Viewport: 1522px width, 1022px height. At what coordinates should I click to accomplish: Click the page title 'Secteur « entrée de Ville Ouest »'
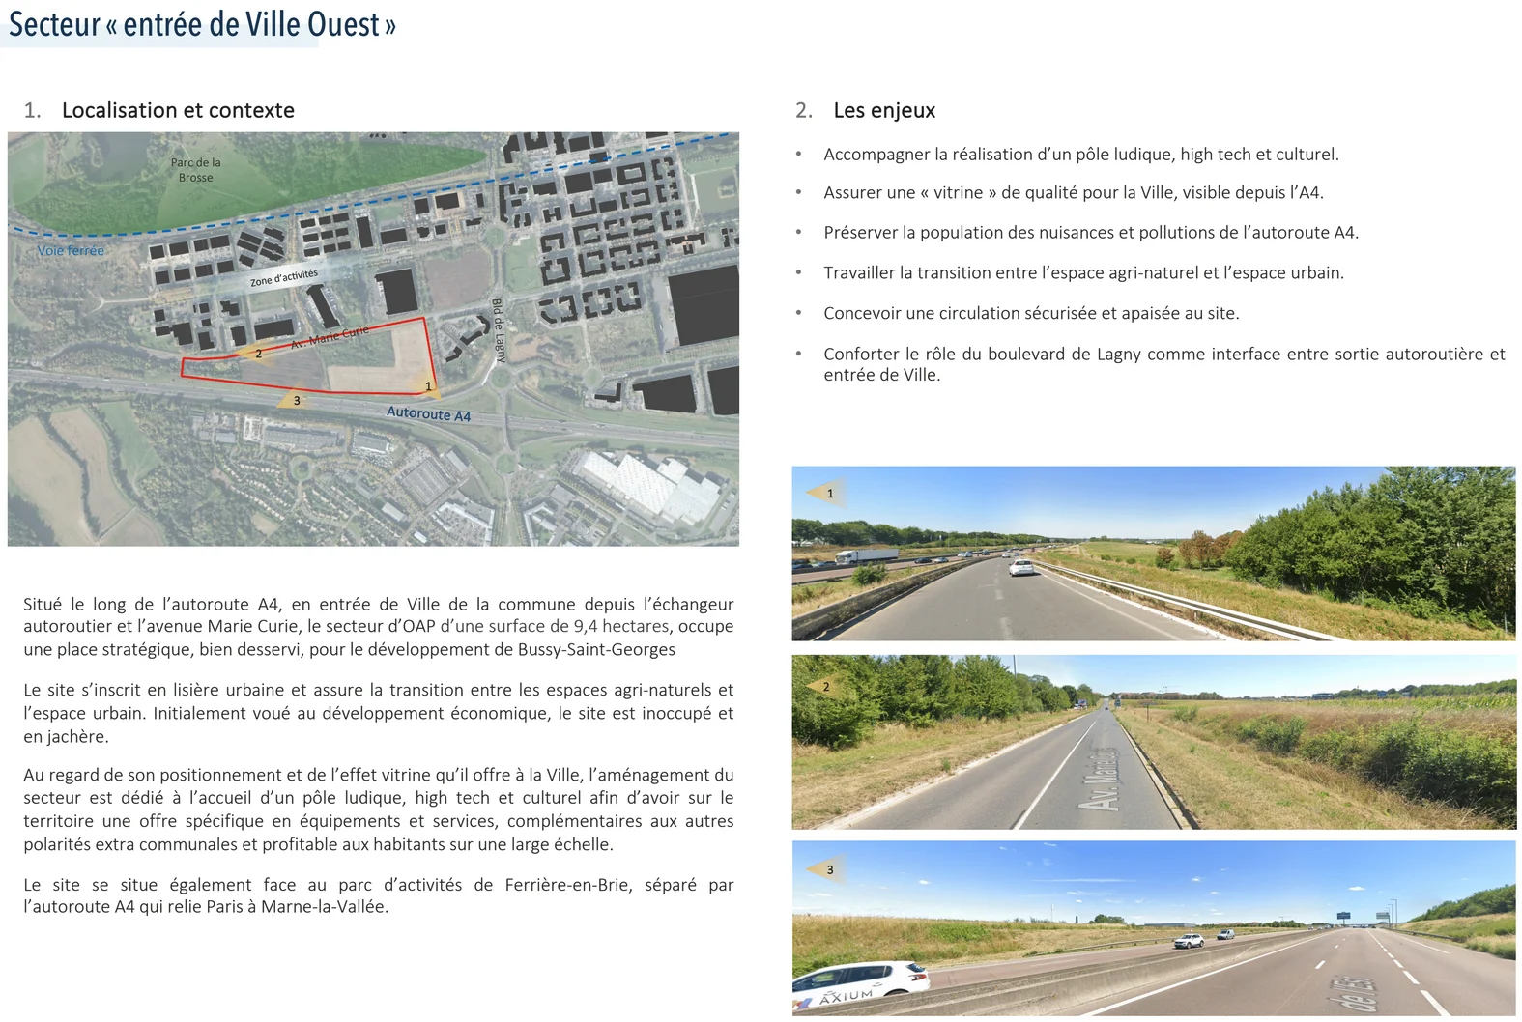point(202,24)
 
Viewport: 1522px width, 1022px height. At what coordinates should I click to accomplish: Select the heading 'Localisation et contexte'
point(178,110)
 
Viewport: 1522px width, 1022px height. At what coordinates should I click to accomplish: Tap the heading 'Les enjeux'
point(884,110)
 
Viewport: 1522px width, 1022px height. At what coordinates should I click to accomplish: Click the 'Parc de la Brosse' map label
point(196,170)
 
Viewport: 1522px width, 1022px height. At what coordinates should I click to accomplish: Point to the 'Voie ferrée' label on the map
point(71,251)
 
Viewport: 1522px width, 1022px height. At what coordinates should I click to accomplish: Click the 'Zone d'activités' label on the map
point(284,277)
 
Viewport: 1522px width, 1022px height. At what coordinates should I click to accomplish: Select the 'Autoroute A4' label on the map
point(428,413)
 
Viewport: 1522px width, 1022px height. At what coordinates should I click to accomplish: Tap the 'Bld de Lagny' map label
point(499,329)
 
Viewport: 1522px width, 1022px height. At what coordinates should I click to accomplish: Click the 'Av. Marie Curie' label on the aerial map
point(330,337)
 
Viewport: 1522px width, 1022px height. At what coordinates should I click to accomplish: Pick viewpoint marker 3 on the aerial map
point(294,400)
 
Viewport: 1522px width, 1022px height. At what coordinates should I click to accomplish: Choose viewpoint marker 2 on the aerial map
point(254,354)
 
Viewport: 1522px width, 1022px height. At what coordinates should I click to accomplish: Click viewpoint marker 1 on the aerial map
point(426,386)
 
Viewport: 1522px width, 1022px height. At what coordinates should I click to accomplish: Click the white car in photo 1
point(1021,567)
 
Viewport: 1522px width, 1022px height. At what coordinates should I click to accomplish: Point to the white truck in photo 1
point(866,556)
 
